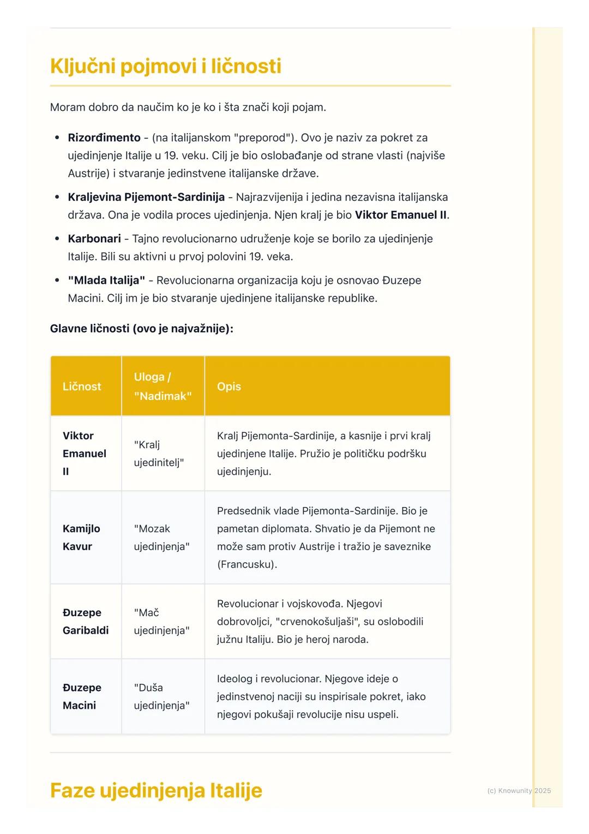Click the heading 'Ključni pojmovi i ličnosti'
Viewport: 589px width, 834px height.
tap(165, 66)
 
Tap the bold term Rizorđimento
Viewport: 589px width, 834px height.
tap(104, 138)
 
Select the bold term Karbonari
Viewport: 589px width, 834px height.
tap(94, 239)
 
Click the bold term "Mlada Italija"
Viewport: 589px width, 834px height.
tap(106, 280)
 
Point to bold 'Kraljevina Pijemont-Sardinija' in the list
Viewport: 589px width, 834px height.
tap(146, 197)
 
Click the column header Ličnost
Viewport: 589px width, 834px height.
tap(82, 386)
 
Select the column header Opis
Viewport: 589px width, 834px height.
tap(229, 386)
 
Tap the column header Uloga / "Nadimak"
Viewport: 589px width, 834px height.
tap(163, 386)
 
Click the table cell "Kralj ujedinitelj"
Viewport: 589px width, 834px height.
tap(159, 454)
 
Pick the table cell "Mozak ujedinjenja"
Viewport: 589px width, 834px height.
tap(161, 538)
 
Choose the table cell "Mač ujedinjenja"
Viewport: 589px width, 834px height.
tap(161, 621)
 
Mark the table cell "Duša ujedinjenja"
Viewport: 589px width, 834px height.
tap(161, 696)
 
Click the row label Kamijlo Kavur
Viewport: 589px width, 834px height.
tap(81, 538)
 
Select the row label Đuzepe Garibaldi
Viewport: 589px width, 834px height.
tap(86, 621)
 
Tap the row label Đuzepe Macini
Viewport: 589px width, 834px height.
tap(82, 696)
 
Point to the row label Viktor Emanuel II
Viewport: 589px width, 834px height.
tap(84, 454)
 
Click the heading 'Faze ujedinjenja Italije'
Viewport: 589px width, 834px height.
tap(156, 790)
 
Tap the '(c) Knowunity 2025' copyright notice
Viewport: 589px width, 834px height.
tap(519, 790)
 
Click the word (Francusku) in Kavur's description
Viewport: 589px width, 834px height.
tap(247, 564)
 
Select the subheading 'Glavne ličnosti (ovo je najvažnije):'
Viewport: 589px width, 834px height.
tap(141, 329)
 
